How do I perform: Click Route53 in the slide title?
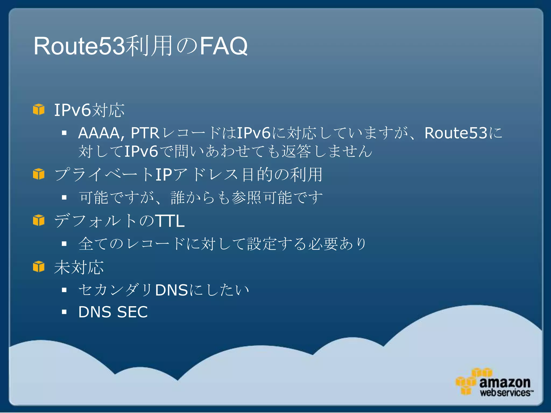[79, 46]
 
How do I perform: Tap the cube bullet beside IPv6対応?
[39, 110]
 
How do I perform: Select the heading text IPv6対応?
[89, 110]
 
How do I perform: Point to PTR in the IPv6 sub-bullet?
[145, 133]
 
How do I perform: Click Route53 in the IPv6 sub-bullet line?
[456, 133]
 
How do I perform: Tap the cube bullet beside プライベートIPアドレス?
[39, 174]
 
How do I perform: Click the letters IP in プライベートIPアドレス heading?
[164, 175]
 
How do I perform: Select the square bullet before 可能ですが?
[64, 198]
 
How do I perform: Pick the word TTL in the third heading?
[170, 221]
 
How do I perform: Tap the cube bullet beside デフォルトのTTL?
[39, 220]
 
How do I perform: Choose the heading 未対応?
[79, 267]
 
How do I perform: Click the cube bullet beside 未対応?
[39, 267]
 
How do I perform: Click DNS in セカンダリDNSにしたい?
[171, 290]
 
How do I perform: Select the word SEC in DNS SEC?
[132, 312]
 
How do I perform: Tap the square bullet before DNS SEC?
[64, 312]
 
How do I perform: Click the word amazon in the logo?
[504, 382]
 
